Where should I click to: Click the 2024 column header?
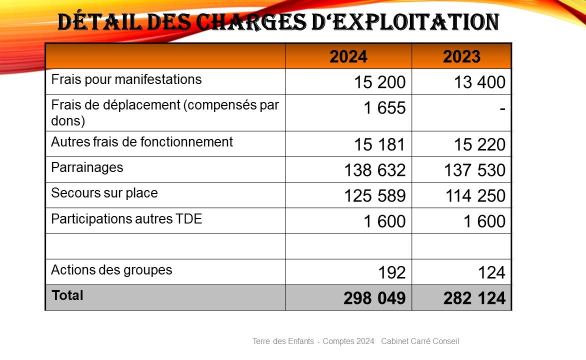pyautogui.click(x=348, y=56)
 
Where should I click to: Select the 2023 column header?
pyautogui.click(x=461, y=56)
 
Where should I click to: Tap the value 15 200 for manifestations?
pyautogui.click(x=379, y=82)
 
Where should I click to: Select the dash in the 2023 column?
pyautogui.click(x=500, y=107)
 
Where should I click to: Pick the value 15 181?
pyautogui.click(x=379, y=145)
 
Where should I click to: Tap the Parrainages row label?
pyautogui.click(x=87, y=167)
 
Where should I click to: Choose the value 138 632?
pyautogui.click(x=374, y=170)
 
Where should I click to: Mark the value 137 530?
pyautogui.click(x=474, y=170)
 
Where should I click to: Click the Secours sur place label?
pyautogui.click(x=104, y=193)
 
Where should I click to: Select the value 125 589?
pyautogui.click(x=374, y=196)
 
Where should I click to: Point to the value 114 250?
pyautogui.click(x=474, y=196)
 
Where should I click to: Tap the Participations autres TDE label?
pyautogui.click(x=126, y=219)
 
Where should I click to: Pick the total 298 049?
pyautogui.click(x=374, y=298)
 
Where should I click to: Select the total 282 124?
pyautogui.click(x=474, y=298)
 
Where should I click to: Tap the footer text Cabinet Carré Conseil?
pyautogui.click(x=420, y=341)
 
